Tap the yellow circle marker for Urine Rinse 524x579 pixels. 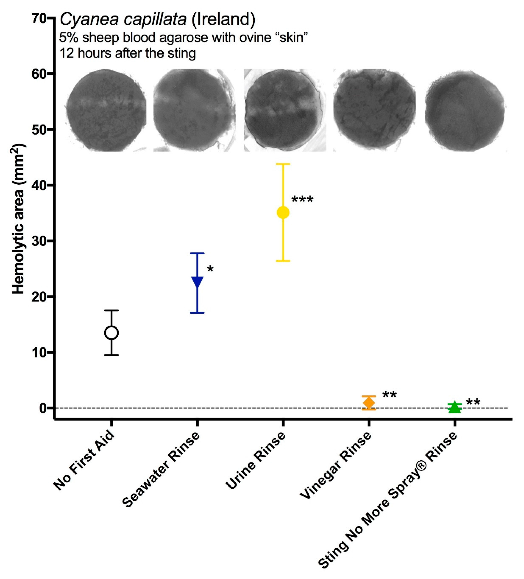[283, 213]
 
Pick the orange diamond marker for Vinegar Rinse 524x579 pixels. [369, 403]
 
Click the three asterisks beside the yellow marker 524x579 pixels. [302, 200]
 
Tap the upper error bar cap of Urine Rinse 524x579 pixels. [283, 164]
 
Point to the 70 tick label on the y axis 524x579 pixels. [39, 19]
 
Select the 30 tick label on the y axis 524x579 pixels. [39, 241]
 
